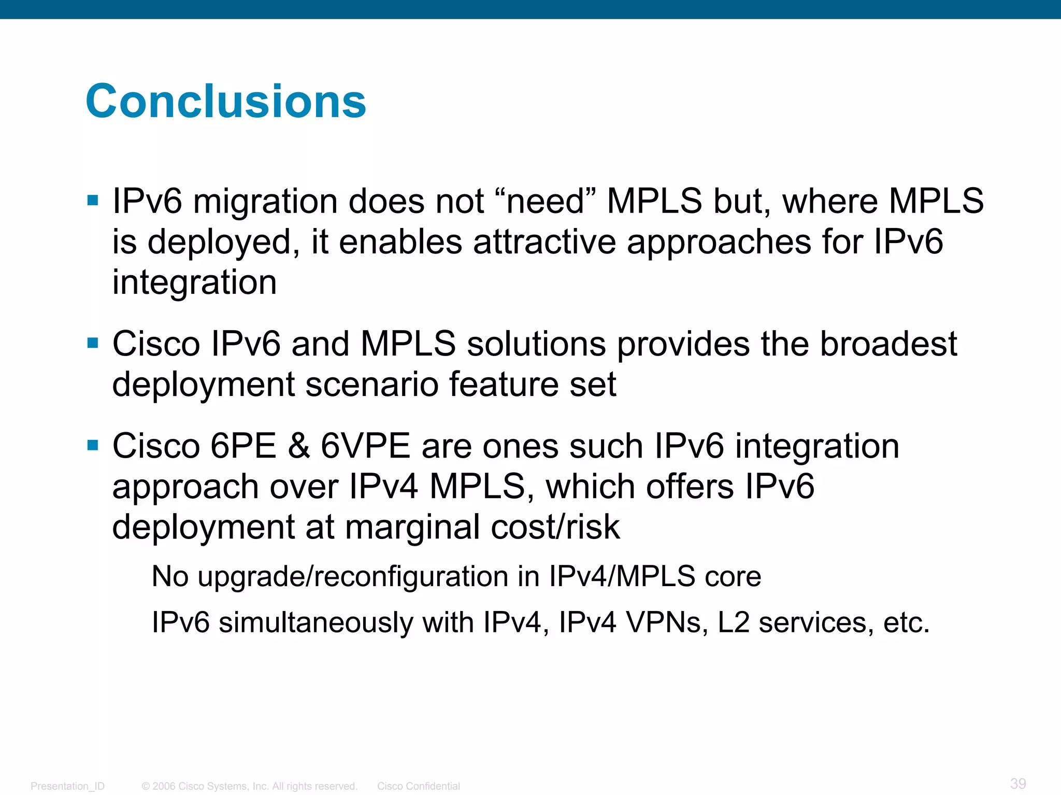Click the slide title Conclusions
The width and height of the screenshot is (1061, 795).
tap(226, 101)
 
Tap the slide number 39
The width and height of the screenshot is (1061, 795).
tap(1017, 783)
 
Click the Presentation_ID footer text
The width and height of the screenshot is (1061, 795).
tap(67, 786)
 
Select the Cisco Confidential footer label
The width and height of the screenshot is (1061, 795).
tap(418, 786)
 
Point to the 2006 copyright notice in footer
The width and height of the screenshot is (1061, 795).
tap(249, 786)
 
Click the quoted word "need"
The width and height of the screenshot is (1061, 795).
tap(545, 201)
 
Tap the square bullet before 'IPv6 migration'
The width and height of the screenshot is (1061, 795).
tap(93, 201)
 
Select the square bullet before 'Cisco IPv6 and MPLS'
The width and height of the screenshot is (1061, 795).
tap(93, 343)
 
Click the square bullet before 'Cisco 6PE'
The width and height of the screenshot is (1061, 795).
tap(93, 445)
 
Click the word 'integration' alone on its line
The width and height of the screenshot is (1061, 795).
tap(194, 283)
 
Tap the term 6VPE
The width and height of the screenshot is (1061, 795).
tap(365, 446)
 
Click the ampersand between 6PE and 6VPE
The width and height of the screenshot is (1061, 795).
tap(299, 446)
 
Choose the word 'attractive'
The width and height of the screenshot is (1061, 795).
tap(544, 242)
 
